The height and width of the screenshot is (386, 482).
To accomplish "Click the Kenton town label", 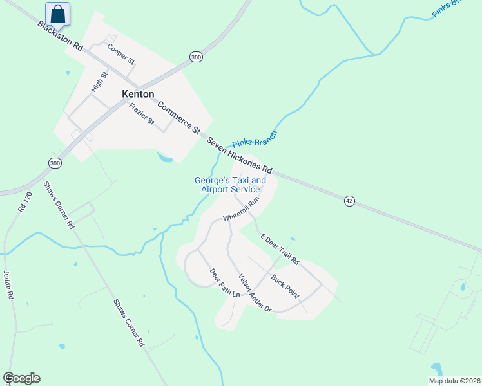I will pyautogui.click(x=138, y=94).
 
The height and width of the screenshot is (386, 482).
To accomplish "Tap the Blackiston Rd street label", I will pyautogui.click(x=61, y=37).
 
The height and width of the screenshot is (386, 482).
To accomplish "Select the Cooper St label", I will pyautogui.click(x=120, y=53).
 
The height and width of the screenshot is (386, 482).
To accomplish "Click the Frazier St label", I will pyautogui.click(x=142, y=114).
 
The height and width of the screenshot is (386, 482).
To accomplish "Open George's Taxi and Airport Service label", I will pyautogui.click(x=230, y=185).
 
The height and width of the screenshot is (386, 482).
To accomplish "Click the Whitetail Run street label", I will pyautogui.click(x=241, y=210).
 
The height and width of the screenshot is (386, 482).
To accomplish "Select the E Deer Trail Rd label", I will pyautogui.click(x=280, y=249).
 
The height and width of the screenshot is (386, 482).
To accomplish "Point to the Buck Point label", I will pyautogui.click(x=285, y=286).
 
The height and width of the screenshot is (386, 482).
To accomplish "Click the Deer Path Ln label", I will pyautogui.click(x=224, y=282).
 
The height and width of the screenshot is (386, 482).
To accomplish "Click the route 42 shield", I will pyautogui.click(x=349, y=201).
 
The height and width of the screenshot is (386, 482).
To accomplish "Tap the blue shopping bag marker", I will pyautogui.click(x=58, y=14).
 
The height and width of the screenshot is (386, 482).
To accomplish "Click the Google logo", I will pyautogui.click(x=21, y=378).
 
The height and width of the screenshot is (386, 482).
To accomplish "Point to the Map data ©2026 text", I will pyautogui.click(x=454, y=381).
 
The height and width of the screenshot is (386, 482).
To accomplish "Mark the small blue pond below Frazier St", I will pyautogui.click(x=165, y=156).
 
